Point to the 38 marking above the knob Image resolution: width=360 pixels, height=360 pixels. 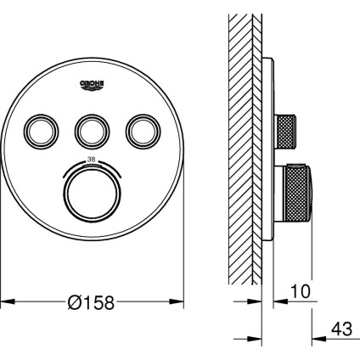click(93, 160)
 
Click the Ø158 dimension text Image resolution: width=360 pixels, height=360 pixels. click(91, 302)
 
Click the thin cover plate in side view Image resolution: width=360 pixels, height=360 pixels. click(269, 153)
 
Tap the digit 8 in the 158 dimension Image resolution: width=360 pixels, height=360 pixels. click(109, 302)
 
